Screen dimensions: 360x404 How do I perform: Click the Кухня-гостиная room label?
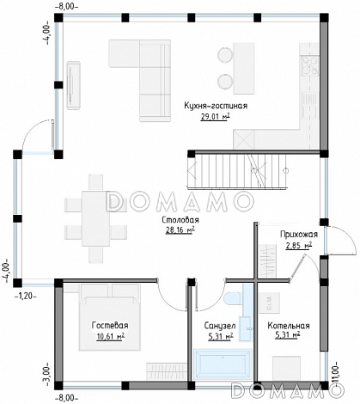coord(216,106)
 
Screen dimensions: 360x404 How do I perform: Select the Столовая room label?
coord(180,220)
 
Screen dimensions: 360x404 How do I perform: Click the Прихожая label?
coord(299,235)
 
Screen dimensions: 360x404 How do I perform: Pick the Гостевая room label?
coord(110,326)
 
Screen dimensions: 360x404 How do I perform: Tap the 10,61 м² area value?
coord(111,336)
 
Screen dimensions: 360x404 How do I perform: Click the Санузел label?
coord(220,326)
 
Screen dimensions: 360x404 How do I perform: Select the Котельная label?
coord(289,326)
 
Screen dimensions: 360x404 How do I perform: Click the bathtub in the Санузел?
coord(223,364)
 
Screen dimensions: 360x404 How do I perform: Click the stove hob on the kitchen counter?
coord(309,65)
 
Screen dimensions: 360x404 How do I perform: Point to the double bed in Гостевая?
coord(110,317)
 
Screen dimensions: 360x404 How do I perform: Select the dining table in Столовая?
coord(95,218)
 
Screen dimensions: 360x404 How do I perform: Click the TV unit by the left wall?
coord(74,85)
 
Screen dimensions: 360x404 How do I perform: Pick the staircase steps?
coord(237,171)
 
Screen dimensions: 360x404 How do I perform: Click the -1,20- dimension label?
coord(26,296)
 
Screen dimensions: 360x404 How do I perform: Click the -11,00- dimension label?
coord(334,375)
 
